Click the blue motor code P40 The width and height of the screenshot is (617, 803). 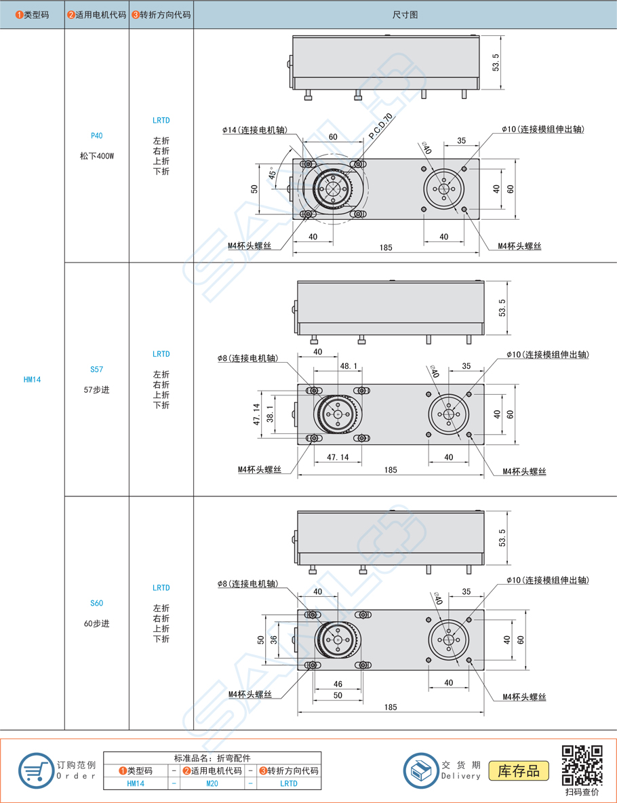(96, 136)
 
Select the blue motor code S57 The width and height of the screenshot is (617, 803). (96, 370)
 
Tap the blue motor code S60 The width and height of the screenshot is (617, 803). (96, 603)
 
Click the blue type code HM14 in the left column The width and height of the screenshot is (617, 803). (32, 380)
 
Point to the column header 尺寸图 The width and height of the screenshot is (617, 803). (405, 14)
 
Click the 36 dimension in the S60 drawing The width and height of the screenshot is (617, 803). (273, 640)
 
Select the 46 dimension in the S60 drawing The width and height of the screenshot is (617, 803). (338, 684)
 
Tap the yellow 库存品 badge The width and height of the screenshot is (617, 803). (519, 770)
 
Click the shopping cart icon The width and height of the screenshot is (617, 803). (35, 771)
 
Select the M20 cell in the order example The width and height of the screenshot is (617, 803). (212, 783)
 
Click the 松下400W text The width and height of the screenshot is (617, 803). (96, 156)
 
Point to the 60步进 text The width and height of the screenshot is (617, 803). (96, 623)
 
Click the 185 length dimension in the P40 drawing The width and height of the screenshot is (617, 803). (385, 248)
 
